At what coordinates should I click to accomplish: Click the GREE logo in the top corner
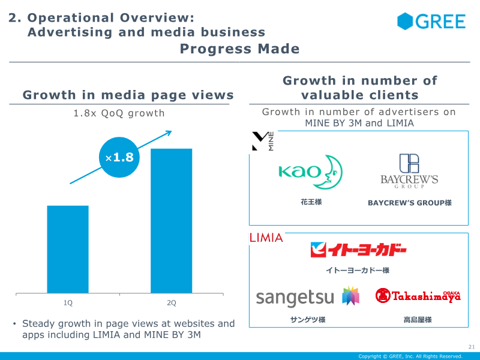pos(431,22)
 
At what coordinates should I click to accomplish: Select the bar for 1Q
pos(68,249)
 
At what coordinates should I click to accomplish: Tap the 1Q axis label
pos(68,302)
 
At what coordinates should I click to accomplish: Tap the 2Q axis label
pos(171,302)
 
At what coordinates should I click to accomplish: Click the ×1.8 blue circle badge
pos(119,158)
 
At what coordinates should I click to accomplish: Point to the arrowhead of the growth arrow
pos(169,133)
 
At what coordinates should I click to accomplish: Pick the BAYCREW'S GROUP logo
pos(409,171)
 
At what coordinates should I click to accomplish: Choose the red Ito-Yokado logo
pos(358,250)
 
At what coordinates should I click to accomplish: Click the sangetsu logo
pos(307,296)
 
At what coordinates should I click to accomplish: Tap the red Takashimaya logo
pos(418,295)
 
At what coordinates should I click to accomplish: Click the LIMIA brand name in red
pos(266,238)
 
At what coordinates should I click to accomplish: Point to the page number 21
pos(470,347)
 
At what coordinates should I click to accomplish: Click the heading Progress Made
pos(239,49)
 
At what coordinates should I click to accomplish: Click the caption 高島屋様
pos(418,320)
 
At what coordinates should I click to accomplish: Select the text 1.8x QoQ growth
pos(118,113)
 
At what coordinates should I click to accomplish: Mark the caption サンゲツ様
pos(307,320)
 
